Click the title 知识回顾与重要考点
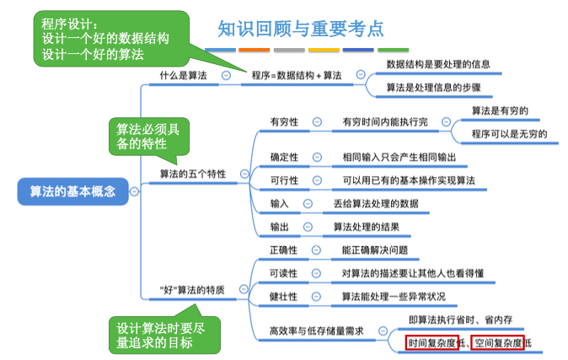pos(300,30)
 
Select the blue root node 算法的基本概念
pos(73,191)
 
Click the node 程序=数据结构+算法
pos(297,76)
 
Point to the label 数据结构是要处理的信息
pos(437,64)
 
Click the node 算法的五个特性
pos(193,174)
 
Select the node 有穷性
pos(284,121)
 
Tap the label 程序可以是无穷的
pos(509,133)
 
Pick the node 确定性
pos(284,157)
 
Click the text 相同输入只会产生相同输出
pos(399,157)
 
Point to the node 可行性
pos(284,180)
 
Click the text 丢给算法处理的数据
pos(375,204)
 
